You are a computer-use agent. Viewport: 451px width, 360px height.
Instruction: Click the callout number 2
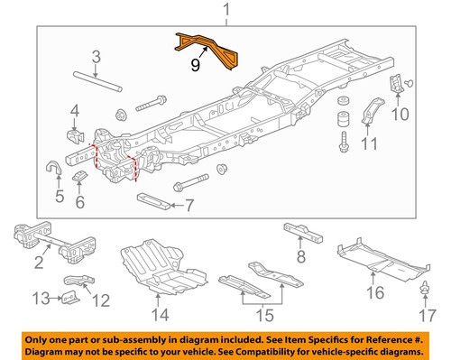coord(39,263)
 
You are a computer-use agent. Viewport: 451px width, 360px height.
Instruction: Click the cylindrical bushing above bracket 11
coord(344,119)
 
